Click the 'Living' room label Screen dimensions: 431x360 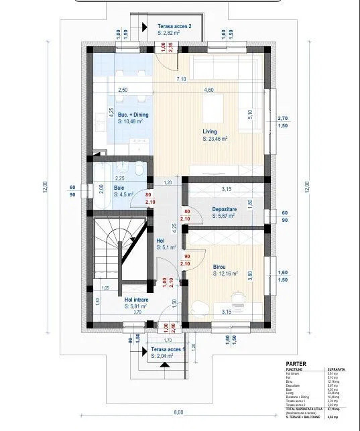click(211, 132)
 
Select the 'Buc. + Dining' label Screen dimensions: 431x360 click(133, 115)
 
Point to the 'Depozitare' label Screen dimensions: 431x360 click(227, 209)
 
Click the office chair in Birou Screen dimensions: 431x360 click(236, 296)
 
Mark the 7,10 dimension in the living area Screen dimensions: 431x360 click(181, 79)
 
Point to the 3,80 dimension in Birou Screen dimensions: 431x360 click(250, 274)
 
